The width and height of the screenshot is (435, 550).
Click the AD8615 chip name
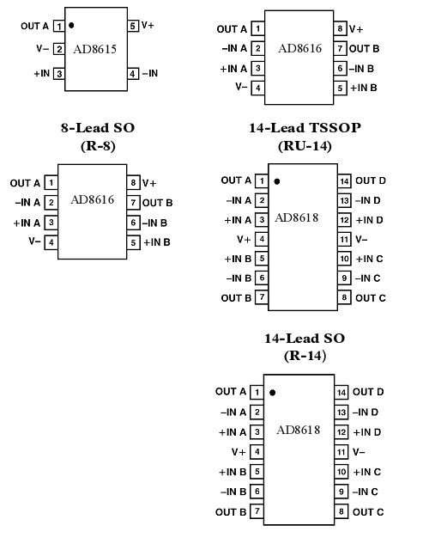coord(96,50)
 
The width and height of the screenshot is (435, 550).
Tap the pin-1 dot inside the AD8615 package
coord(71,26)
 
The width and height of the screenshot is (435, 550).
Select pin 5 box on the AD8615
coord(133,27)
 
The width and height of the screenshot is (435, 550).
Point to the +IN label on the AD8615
coord(42,74)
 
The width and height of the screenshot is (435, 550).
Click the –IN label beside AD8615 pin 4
coord(150,74)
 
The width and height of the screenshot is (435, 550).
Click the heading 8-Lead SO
coord(98,128)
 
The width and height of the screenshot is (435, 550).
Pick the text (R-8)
coord(98,145)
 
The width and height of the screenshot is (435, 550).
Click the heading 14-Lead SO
coord(305,339)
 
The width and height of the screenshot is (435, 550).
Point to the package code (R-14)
coord(305,355)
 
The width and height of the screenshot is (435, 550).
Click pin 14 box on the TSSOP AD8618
coord(344,181)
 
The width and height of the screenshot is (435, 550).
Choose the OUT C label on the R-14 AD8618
coord(368,512)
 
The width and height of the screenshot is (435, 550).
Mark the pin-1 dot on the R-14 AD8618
coord(272,393)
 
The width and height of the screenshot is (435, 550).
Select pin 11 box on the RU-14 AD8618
coord(344,240)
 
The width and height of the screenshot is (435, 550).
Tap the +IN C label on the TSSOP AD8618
coord(368,259)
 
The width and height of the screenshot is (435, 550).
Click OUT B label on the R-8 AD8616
coord(158,203)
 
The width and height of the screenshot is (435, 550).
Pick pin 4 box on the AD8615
coord(133,74)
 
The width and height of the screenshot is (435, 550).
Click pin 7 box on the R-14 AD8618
coord(256,512)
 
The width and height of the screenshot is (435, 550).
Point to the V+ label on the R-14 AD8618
coord(239,452)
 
